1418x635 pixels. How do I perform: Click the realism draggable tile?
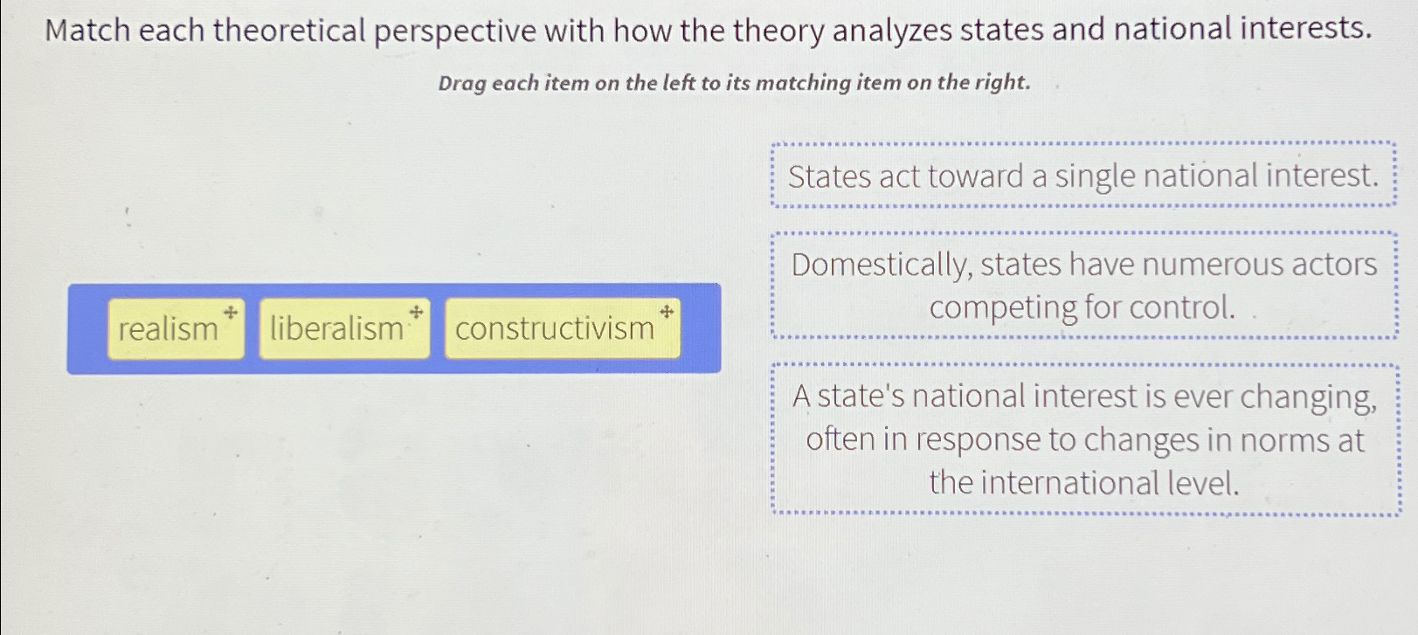coord(175,329)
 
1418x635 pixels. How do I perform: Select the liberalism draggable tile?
coord(343,329)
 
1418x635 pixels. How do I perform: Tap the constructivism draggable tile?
coord(561,329)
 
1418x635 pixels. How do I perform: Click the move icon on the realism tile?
coord(231,312)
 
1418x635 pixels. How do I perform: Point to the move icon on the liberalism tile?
coord(417,311)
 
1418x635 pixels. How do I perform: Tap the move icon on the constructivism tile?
coord(666,311)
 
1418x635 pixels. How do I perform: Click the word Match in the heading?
coord(86,31)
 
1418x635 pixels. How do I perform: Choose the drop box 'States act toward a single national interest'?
coord(1083,176)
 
